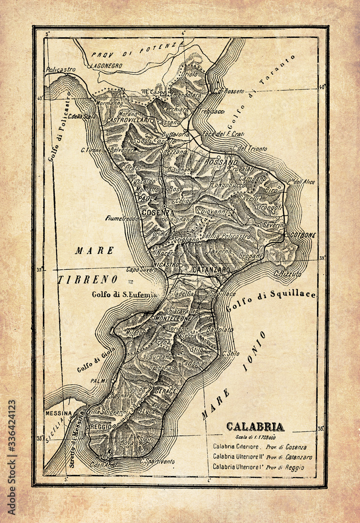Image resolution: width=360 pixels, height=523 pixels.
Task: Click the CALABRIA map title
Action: [x=255, y=426]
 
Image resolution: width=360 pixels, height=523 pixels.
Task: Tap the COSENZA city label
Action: [x=157, y=212]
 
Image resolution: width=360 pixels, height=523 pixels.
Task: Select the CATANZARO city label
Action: [x=211, y=269]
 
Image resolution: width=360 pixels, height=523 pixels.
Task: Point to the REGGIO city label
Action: [x=101, y=427]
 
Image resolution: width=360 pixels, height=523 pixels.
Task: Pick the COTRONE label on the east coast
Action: [x=303, y=235]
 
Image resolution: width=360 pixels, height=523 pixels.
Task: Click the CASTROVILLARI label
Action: [x=128, y=120]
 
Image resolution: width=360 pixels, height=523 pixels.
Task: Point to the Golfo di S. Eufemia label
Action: [x=124, y=294]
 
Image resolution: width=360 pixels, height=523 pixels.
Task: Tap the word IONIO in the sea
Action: [x=255, y=350]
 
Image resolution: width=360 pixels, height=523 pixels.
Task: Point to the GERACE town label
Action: [x=166, y=391]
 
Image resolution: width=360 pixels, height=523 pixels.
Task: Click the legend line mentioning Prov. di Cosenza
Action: [x=260, y=447]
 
